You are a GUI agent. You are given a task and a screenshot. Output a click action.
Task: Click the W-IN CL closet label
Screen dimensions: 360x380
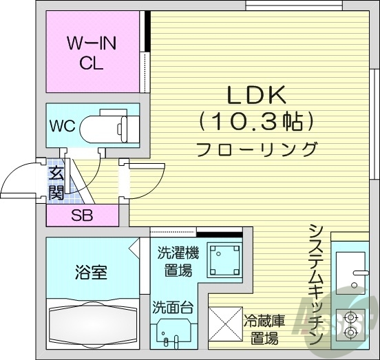(x=92, y=53)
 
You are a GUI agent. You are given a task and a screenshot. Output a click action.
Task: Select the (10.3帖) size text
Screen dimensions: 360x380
(x=256, y=123)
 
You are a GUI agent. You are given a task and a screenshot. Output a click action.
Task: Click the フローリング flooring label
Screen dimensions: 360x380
(x=256, y=149)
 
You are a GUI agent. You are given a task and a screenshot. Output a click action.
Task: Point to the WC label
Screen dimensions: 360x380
(x=62, y=127)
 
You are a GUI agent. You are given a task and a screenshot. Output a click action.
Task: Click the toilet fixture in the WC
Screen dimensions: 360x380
(x=110, y=127)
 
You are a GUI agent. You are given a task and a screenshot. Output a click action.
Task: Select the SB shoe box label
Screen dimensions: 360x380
(x=81, y=215)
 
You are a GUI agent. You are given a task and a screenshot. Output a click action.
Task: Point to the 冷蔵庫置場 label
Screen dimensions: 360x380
(x=264, y=329)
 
